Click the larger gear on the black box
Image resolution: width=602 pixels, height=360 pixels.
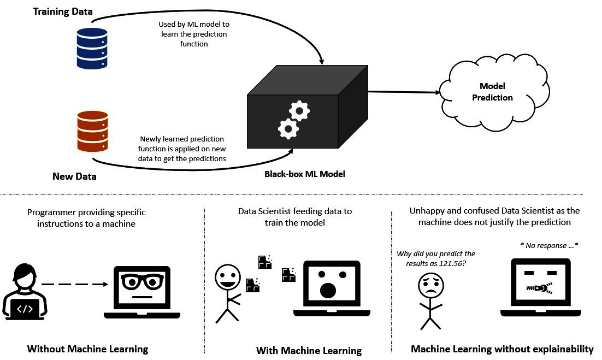pos(288,129)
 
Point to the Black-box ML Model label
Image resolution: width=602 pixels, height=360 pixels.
pos(305,174)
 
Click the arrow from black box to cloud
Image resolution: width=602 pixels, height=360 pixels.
pos(404,92)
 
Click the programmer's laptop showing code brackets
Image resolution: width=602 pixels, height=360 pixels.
pos(25,309)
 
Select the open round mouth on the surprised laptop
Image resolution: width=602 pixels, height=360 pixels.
pos(327,291)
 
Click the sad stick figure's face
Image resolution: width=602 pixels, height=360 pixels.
pos(430,285)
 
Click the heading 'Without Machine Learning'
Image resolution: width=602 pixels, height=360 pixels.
pos(87,349)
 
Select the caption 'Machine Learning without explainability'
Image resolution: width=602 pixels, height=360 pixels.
pos(501,349)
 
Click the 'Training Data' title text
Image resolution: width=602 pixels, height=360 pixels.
pos(63,11)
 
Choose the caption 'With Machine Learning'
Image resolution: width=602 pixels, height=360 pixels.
pos(309,350)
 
